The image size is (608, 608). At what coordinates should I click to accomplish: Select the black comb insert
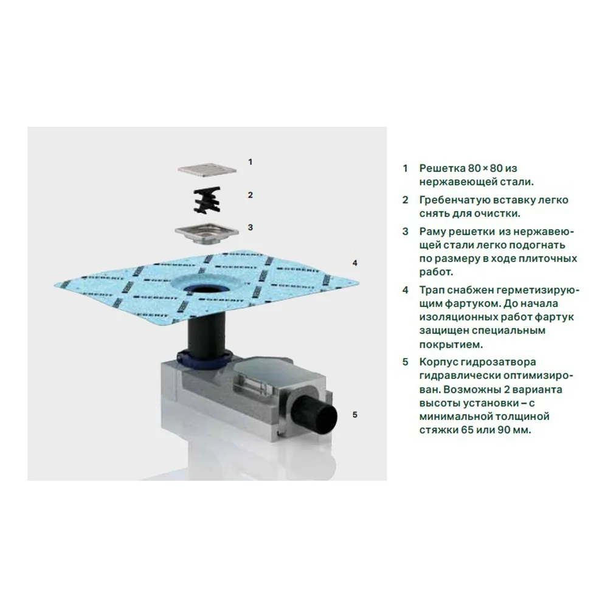(207, 199)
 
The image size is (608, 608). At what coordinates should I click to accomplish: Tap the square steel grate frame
(206, 233)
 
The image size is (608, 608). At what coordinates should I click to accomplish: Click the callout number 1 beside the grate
(250, 162)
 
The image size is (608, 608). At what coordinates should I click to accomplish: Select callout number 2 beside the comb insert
(250, 195)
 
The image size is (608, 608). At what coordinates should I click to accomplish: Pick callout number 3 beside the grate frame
(250, 227)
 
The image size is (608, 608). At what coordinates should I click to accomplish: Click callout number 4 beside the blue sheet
(354, 263)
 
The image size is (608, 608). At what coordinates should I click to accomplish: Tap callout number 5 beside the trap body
(354, 415)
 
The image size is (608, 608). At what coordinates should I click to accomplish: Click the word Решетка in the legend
(440, 168)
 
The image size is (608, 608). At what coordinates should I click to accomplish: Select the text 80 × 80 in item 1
(483, 168)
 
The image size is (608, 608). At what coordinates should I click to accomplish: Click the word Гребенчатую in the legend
(454, 201)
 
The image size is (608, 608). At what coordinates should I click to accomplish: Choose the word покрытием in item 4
(451, 345)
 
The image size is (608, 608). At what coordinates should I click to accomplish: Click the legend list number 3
(405, 232)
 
